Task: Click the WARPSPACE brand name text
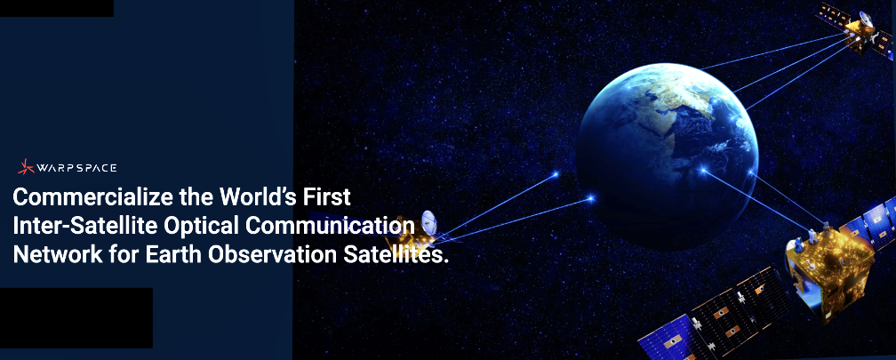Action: click(76, 168)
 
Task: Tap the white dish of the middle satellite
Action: click(428, 223)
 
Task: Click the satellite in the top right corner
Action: click(855, 28)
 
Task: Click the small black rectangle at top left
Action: click(57, 8)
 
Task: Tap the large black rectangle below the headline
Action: click(76, 317)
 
